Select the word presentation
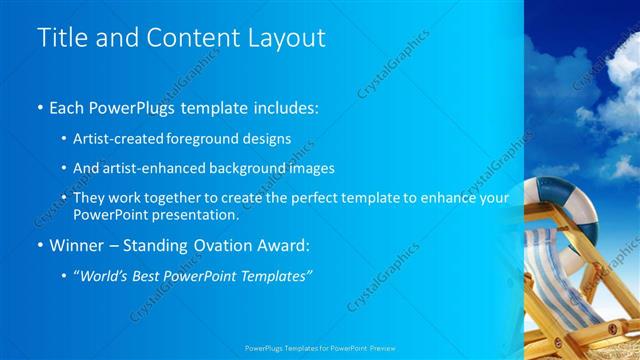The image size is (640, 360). (x=196, y=214)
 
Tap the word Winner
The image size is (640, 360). (x=77, y=245)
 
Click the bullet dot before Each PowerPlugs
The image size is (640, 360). (x=39, y=106)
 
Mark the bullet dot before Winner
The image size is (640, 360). (x=39, y=245)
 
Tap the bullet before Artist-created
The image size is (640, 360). (x=64, y=138)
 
